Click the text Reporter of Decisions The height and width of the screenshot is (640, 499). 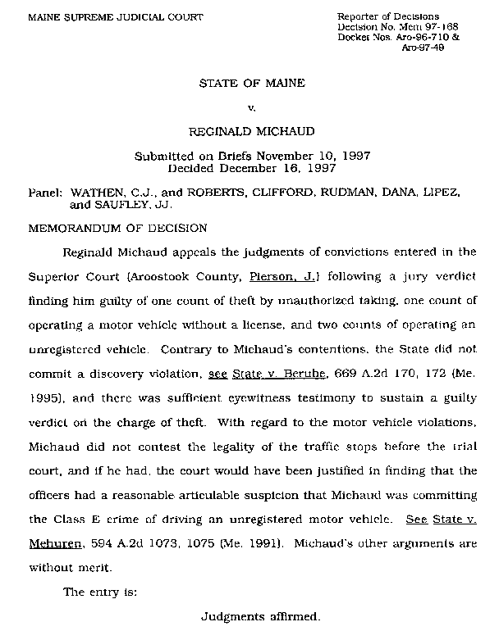coord(388,17)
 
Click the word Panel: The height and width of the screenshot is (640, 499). coord(46,190)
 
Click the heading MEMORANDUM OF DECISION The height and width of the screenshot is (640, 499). coord(117,226)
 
